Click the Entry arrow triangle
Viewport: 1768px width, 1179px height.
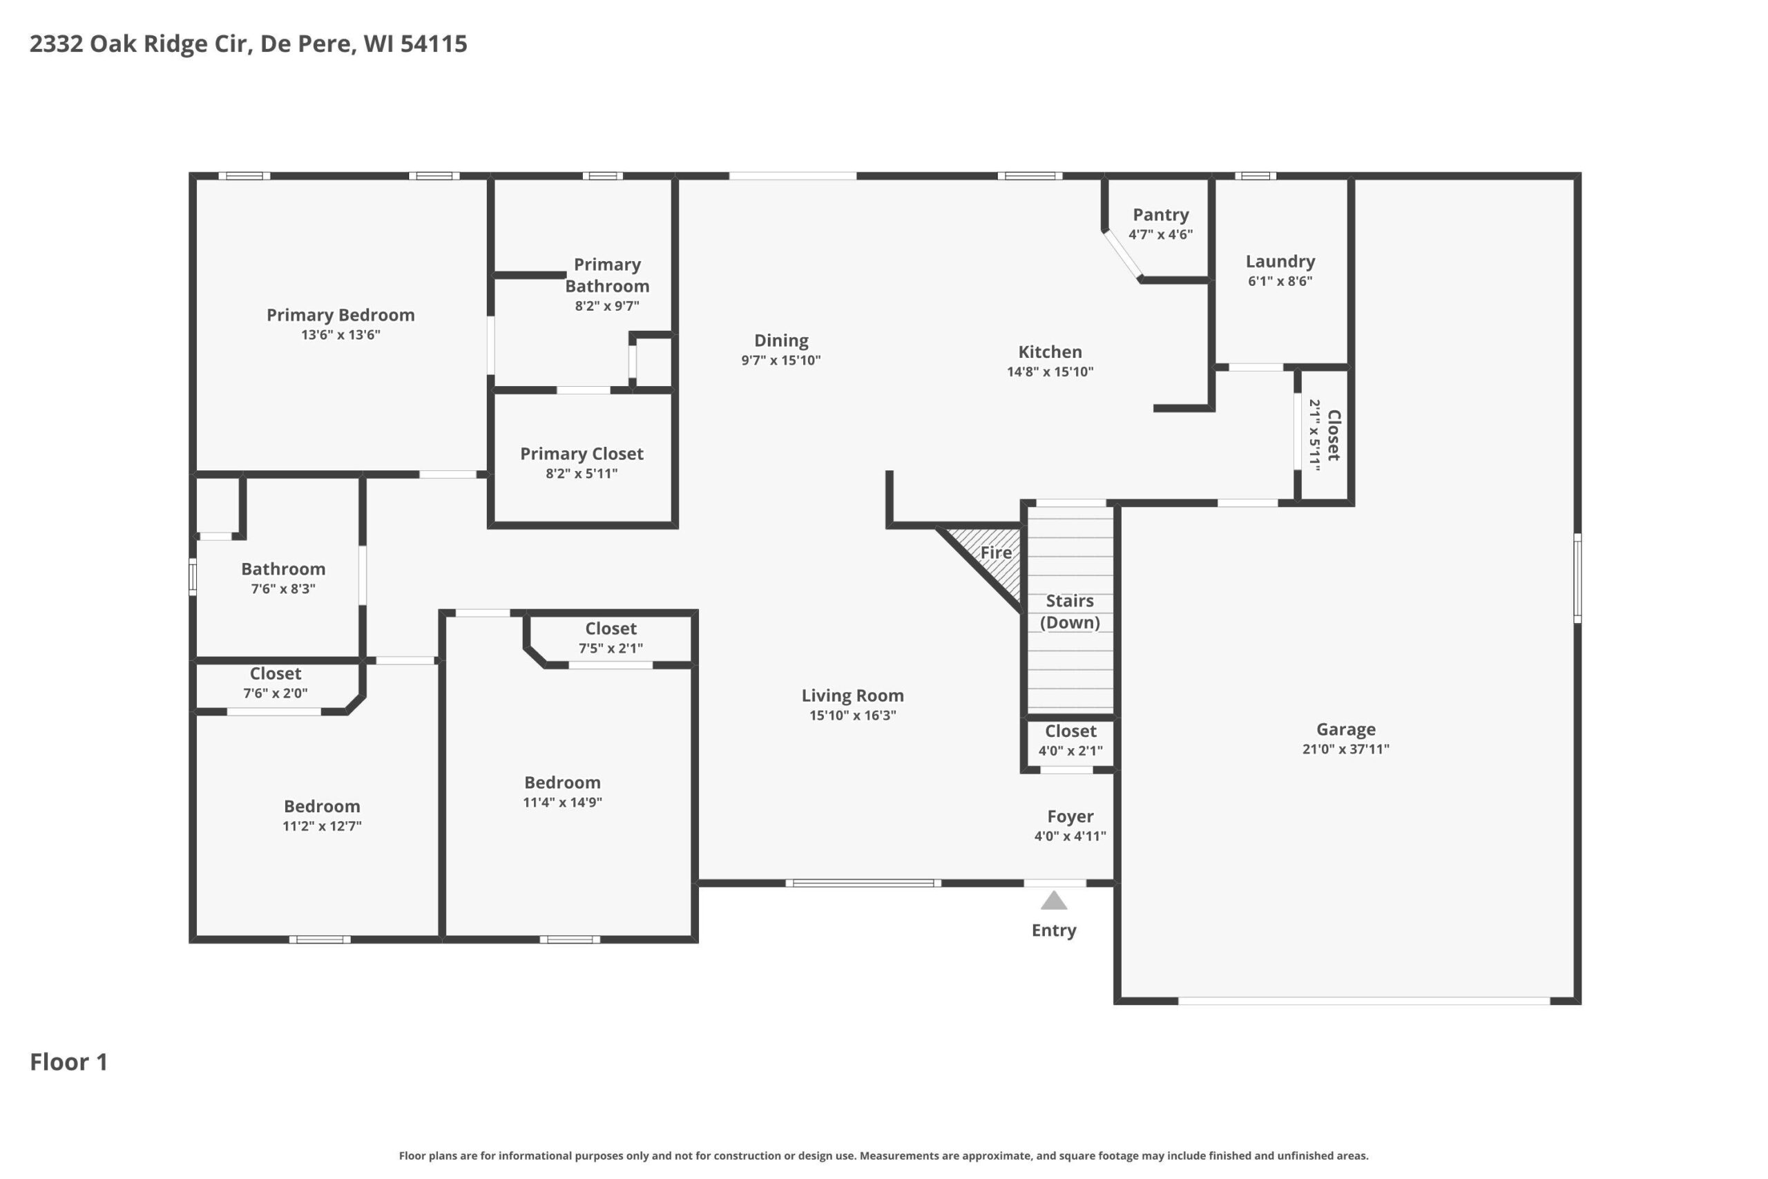tap(1054, 901)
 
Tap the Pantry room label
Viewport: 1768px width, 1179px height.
tap(1161, 215)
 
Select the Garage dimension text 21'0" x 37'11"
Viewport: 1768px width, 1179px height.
tap(1345, 749)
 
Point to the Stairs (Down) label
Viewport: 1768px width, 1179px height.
tap(1070, 611)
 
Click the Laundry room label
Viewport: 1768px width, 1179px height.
tap(1280, 262)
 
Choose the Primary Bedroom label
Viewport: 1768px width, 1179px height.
tap(340, 315)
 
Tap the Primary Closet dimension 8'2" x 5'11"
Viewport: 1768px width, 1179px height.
tap(582, 474)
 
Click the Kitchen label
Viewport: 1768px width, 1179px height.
tap(1050, 352)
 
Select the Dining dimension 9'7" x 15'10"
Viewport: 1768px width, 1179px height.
tap(781, 360)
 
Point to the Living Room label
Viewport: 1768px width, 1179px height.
tap(852, 696)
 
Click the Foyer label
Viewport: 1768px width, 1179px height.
tap(1070, 816)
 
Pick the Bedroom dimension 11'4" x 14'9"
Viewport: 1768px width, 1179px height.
tap(562, 803)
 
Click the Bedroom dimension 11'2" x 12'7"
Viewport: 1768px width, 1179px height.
tap(322, 826)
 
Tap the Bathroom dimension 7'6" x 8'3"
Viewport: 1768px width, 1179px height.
tap(283, 588)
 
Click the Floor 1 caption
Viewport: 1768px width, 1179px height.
tap(69, 1062)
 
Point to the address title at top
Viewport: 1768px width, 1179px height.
tap(248, 44)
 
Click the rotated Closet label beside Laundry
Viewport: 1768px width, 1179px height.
tap(1334, 435)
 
